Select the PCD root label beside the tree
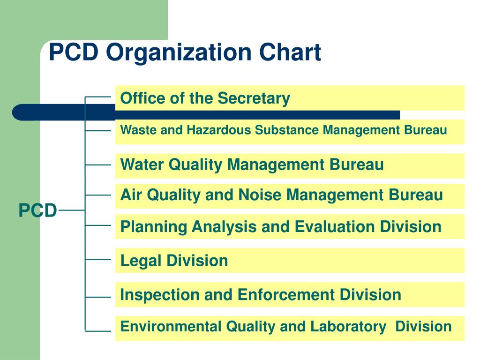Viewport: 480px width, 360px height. [37, 211]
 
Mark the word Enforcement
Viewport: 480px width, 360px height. [286, 295]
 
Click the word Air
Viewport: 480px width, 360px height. [132, 195]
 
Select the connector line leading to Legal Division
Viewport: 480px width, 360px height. [98, 259]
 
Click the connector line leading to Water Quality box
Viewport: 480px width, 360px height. [98, 165]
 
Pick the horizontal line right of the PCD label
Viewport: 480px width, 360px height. [71, 211]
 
